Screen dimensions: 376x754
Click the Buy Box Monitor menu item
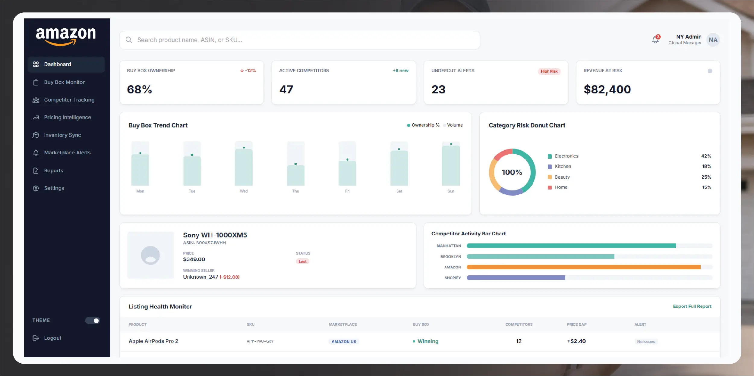(x=64, y=82)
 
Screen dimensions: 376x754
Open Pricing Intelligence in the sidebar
(x=67, y=117)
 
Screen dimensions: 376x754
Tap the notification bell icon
(x=655, y=40)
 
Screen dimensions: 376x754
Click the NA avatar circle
(x=713, y=40)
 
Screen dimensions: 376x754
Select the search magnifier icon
(x=129, y=40)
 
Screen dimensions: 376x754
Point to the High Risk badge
(x=549, y=71)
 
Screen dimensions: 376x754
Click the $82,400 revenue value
(x=607, y=89)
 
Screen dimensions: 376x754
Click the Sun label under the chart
(x=451, y=191)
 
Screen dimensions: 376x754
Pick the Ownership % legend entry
(x=423, y=125)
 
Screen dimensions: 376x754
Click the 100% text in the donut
(x=512, y=172)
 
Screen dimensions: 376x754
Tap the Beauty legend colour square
(x=550, y=177)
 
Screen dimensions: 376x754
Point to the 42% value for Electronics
(x=706, y=156)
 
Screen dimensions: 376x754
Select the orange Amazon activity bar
(x=583, y=267)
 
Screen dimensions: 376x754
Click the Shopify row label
(x=453, y=278)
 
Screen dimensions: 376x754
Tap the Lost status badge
(x=302, y=262)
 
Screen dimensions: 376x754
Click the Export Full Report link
(x=692, y=306)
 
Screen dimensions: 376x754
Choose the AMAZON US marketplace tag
(x=344, y=342)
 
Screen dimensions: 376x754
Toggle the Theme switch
(x=93, y=321)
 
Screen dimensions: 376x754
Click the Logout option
(x=52, y=338)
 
